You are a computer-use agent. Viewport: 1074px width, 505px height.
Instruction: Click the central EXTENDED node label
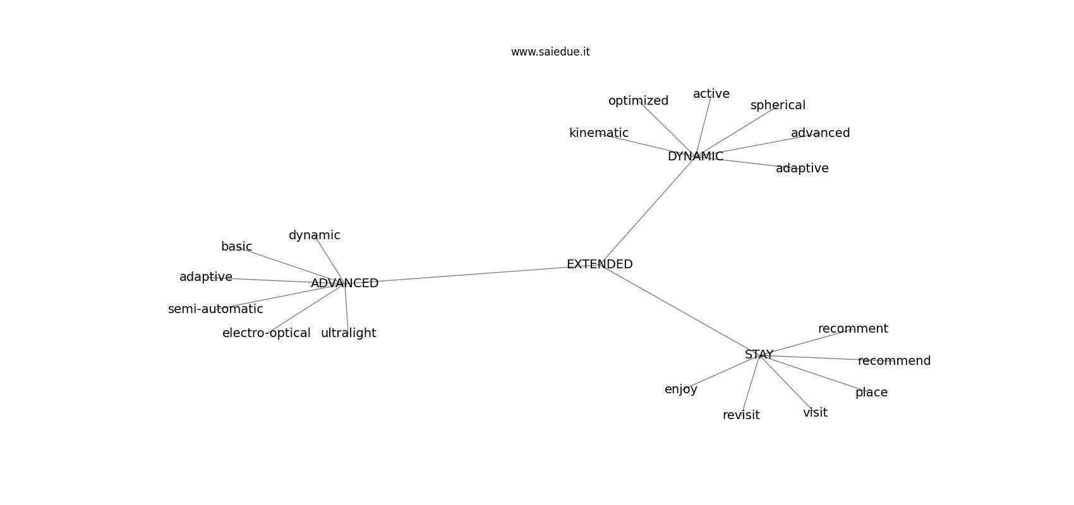click(600, 264)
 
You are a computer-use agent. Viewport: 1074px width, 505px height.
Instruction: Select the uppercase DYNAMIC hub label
click(695, 156)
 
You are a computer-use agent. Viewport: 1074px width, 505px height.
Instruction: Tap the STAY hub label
click(759, 355)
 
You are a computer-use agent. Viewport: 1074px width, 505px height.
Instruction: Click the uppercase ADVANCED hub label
click(345, 283)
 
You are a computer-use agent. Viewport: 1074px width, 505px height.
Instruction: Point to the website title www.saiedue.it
click(550, 52)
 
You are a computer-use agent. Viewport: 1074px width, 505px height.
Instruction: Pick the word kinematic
click(599, 133)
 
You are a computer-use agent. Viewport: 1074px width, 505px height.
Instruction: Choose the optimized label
click(638, 101)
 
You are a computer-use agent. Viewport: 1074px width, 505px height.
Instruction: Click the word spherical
click(778, 105)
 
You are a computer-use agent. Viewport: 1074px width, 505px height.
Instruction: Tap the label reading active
click(711, 94)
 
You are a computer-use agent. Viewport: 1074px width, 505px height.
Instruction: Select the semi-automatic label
click(215, 309)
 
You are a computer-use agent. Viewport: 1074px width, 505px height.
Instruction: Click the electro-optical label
click(266, 333)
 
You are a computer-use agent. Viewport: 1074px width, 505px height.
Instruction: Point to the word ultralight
click(349, 333)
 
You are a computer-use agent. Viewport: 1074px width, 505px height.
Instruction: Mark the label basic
click(236, 247)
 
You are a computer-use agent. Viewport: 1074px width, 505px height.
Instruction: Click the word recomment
click(853, 329)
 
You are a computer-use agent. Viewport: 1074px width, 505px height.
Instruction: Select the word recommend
click(894, 361)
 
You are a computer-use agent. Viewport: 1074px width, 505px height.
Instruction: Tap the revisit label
click(741, 415)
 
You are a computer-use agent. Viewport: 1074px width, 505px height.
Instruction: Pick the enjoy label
click(681, 389)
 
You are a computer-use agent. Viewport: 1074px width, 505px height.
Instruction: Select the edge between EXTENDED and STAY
click(679, 309)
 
